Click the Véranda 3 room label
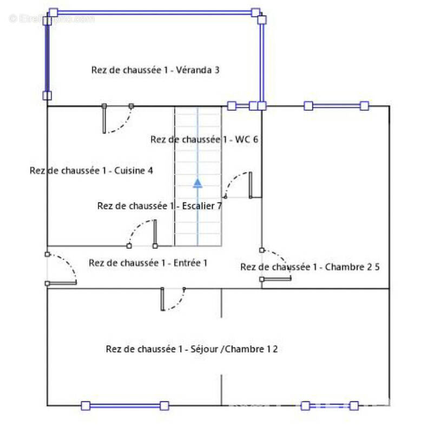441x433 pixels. click(x=155, y=70)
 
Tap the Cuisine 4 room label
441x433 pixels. click(x=91, y=170)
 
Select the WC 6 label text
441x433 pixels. click(x=204, y=139)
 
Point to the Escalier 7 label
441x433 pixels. click(x=160, y=206)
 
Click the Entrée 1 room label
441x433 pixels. click(x=148, y=263)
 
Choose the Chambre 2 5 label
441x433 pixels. click(x=310, y=267)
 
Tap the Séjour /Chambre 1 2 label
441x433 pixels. click(x=192, y=349)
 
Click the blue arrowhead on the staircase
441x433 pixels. click(x=198, y=183)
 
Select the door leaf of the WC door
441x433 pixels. click(x=251, y=185)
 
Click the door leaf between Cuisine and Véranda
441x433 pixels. click(x=104, y=119)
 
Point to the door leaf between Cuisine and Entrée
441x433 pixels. click(x=155, y=233)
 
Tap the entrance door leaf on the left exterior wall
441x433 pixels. click(x=61, y=283)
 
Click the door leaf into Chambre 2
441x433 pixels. click(x=276, y=279)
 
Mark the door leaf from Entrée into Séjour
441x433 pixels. click(x=162, y=299)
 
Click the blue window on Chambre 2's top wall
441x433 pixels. click(x=337, y=106)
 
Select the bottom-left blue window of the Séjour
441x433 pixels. click(x=125, y=406)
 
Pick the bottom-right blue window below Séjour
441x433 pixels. click(x=330, y=406)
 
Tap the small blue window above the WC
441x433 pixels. click(x=243, y=106)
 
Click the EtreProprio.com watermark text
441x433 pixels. click(x=52, y=19)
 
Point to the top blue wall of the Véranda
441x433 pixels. click(x=154, y=12)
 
